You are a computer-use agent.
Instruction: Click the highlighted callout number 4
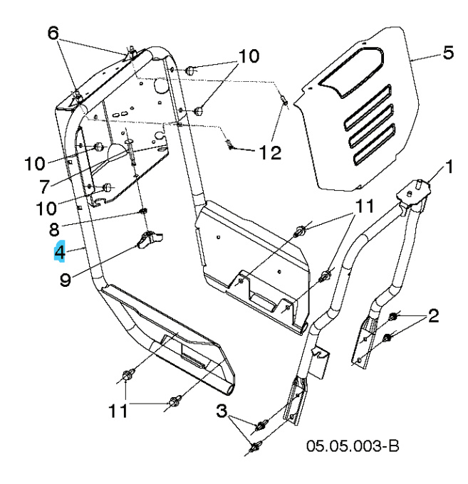[x=60, y=252]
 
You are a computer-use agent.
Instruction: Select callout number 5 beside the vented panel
[x=447, y=53]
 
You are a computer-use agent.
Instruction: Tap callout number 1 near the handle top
[x=449, y=168]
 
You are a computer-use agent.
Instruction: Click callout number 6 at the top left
[x=53, y=32]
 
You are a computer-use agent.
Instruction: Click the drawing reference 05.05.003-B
[x=353, y=446]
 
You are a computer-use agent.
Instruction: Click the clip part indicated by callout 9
[x=148, y=241]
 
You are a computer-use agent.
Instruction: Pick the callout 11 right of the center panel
[x=365, y=207]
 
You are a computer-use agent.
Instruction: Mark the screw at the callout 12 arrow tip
[x=230, y=146]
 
